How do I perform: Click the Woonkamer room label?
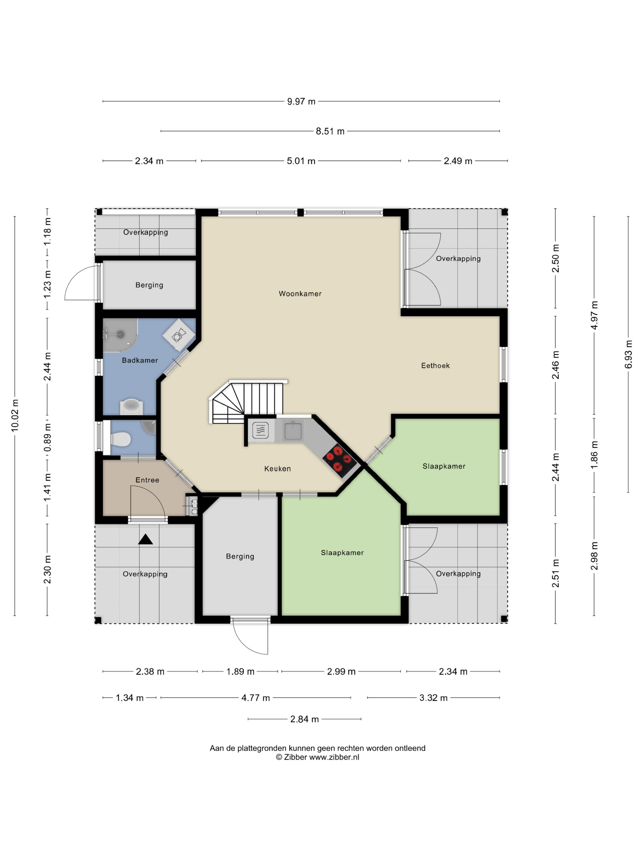(300, 294)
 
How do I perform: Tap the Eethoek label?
(435, 365)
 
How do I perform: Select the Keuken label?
(277, 469)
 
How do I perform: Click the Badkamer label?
(140, 360)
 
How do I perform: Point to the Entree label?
(147, 480)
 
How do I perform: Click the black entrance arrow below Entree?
(145, 540)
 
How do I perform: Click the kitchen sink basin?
(293, 431)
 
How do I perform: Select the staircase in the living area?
(248, 401)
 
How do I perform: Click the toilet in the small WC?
(120, 439)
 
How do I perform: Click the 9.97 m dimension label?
(301, 102)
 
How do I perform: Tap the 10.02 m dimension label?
(15, 415)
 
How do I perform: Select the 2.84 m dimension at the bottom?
(304, 719)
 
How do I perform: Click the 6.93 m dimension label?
(628, 355)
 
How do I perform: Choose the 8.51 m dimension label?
(330, 131)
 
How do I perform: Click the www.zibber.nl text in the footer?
(334, 757)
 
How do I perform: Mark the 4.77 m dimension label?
(255, 698)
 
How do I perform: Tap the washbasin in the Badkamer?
(131, 406)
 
